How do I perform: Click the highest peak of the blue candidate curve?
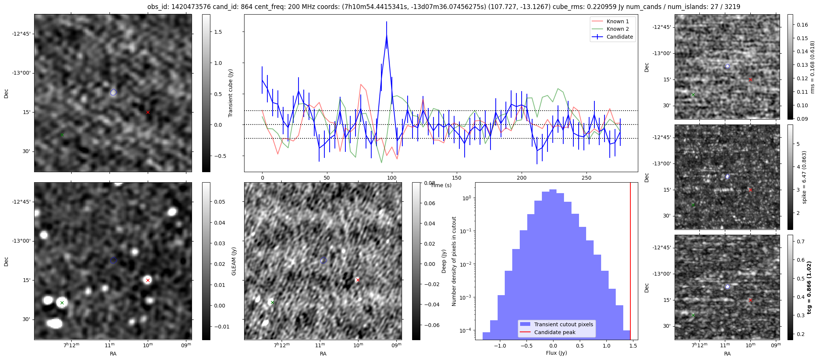tap(386, 35)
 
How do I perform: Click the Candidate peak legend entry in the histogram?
tap(555, 332)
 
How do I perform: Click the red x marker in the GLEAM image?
tap(148, 280)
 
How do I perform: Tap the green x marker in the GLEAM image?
tap(62, 303)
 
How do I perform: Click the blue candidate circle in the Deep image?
tap(324, 260)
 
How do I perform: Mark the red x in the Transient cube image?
tap(148, 112)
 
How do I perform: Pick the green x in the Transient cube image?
tap(62, 135)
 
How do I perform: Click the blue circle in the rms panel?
tap(727, 66)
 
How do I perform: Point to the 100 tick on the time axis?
tap(392, 178)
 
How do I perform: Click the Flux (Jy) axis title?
tap(556, 353)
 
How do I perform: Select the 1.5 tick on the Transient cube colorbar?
tap(218, 32)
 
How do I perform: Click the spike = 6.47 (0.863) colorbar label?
tap(804, 177)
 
